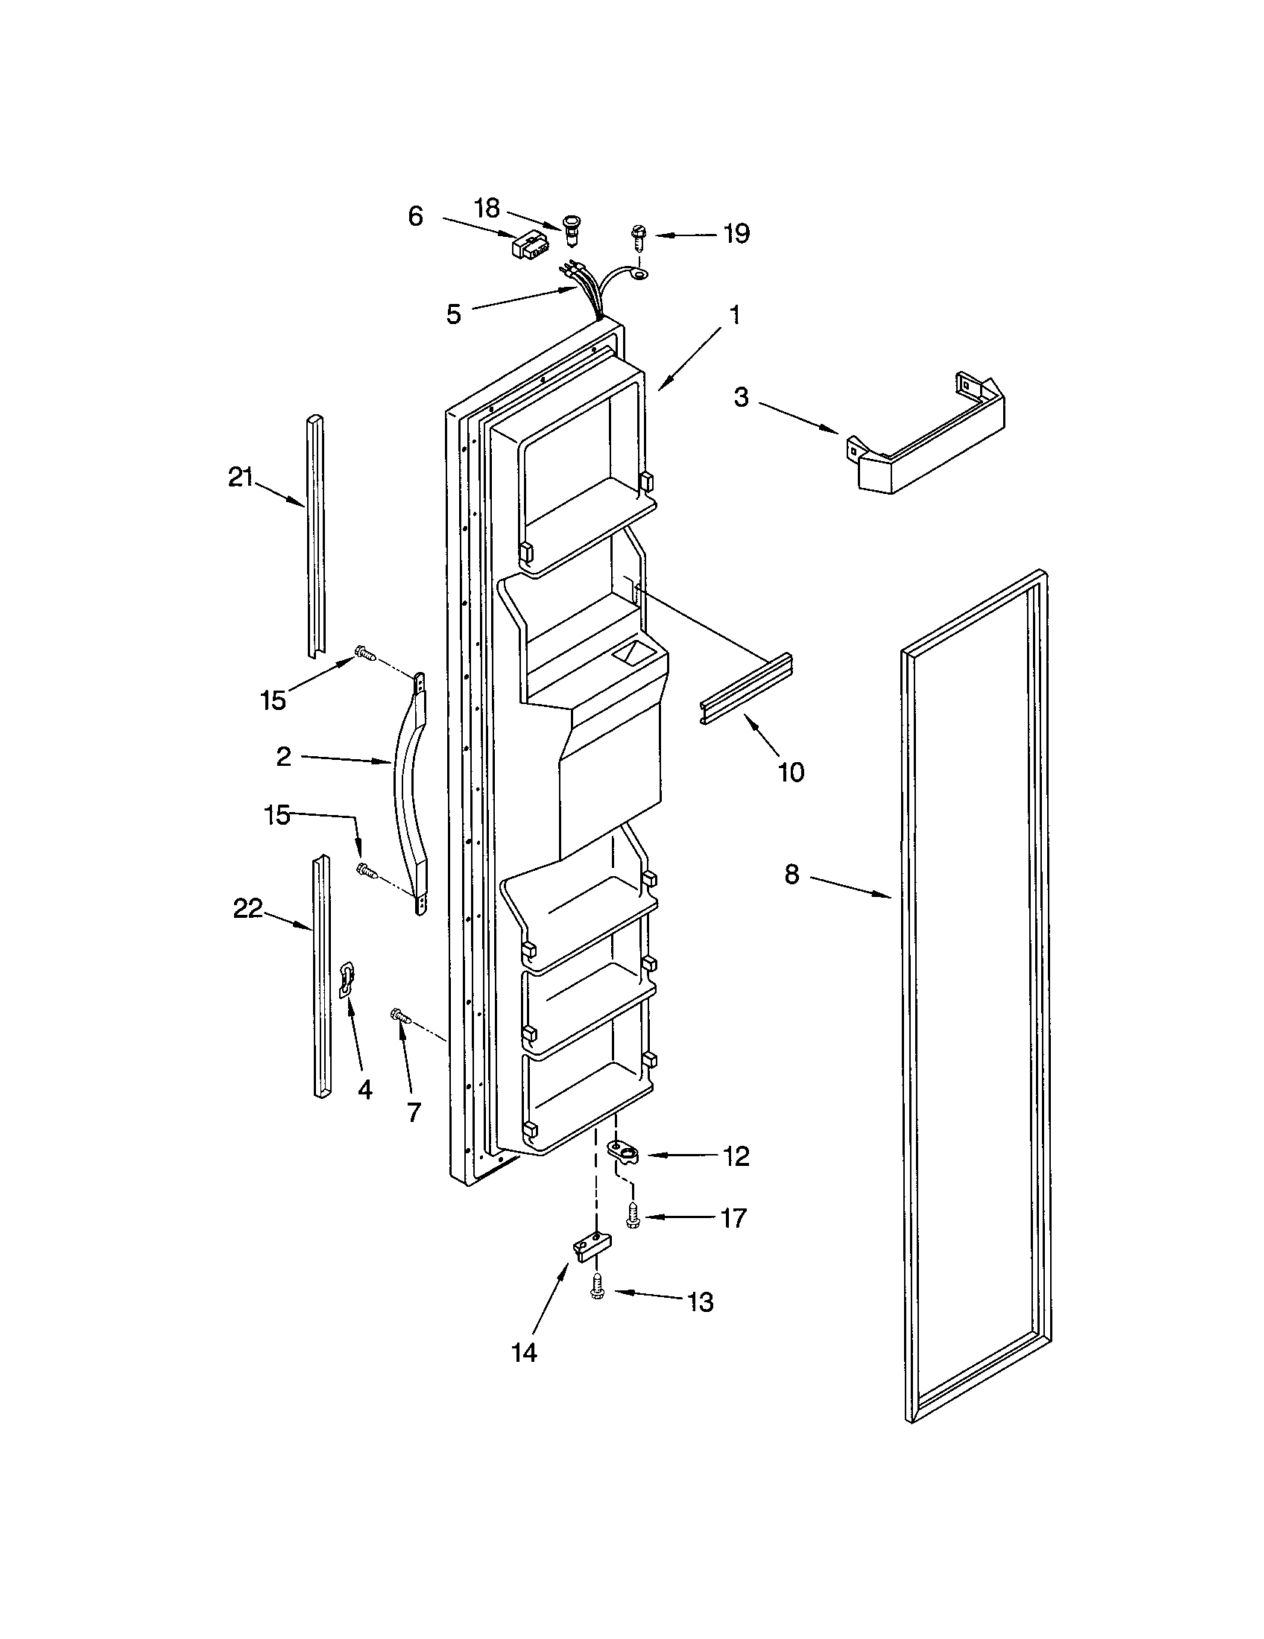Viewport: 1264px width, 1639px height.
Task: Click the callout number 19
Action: click(x=736, y=233)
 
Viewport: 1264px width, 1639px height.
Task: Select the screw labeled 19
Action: click(x=639, y=241)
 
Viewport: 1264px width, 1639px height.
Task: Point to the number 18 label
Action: click(x=487, y=208)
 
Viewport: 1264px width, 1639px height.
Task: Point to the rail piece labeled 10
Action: click(x=747, y=688)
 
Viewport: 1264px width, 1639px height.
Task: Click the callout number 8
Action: click(x=792, y=875)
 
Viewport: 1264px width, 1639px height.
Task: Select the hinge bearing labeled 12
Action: click(x=622, y=1153)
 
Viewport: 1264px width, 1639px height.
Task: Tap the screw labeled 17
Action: click(x=633, y=1216)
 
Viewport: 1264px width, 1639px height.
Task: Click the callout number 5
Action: click(x=453, y=314)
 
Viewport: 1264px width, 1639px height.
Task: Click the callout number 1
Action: click(x=735, y=314)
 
